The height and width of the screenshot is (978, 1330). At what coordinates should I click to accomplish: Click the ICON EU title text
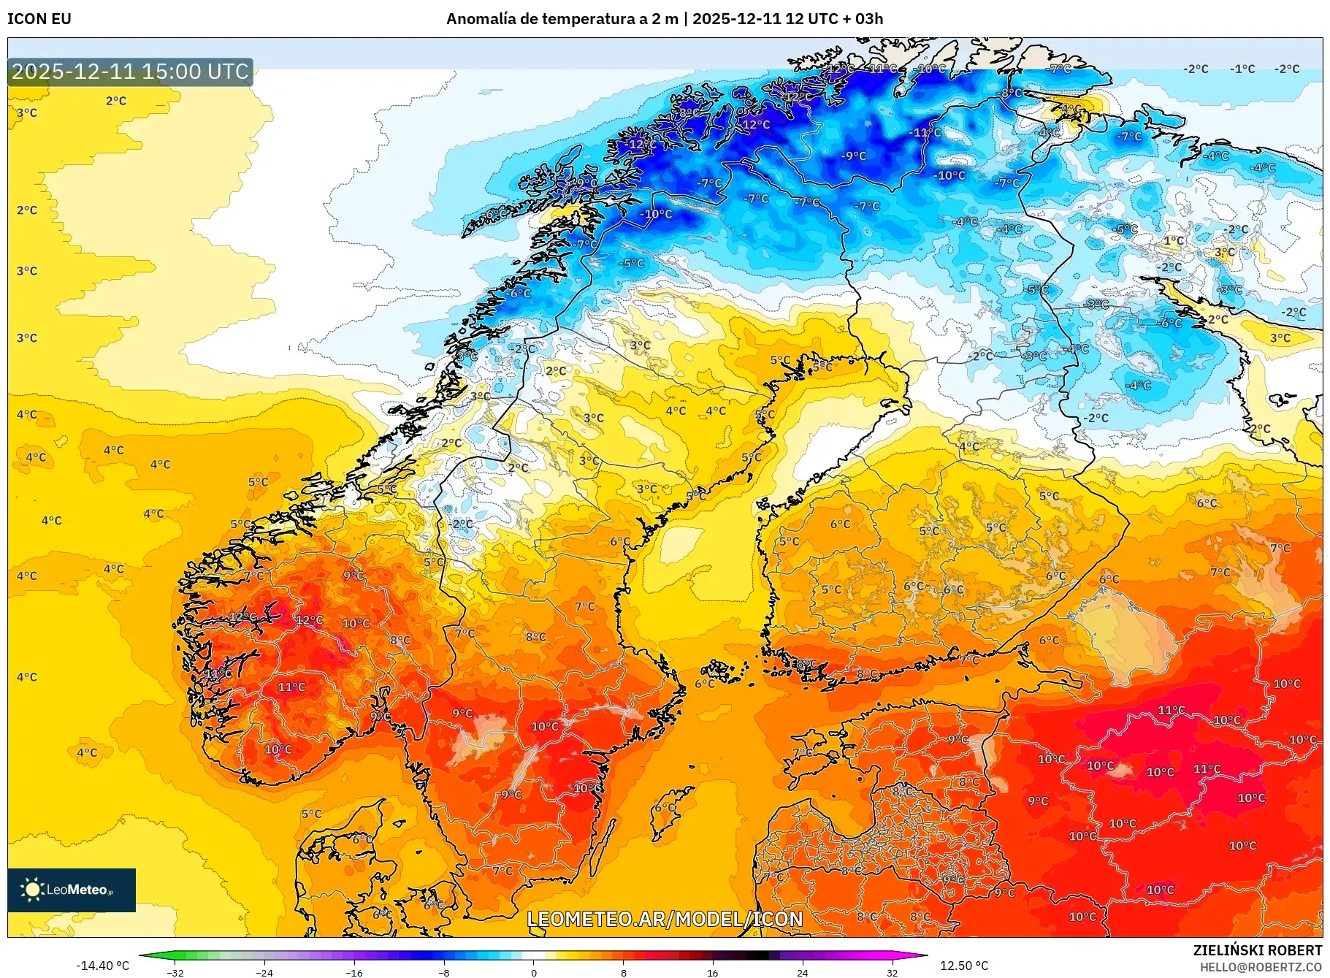39,19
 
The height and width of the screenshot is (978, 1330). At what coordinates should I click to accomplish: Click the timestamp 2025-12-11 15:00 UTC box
130,72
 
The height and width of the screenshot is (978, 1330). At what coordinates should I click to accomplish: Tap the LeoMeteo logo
72,890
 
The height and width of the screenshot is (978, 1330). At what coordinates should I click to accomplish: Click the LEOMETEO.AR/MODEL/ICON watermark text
665,919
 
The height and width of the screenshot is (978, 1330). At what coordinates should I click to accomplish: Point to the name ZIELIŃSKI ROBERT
1257,950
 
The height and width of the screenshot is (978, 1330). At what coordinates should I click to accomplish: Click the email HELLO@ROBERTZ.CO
1261,967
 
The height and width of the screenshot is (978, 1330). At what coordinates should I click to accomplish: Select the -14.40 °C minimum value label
102,966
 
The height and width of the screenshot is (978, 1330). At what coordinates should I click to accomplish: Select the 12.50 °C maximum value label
963,966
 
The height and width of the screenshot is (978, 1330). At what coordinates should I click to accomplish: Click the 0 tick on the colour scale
534,973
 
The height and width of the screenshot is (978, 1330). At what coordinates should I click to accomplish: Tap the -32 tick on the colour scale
175,973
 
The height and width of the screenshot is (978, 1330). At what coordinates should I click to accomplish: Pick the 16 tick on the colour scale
713,973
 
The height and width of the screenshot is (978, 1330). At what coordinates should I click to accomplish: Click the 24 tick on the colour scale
802,973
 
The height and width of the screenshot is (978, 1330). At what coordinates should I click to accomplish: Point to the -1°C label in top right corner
1242,69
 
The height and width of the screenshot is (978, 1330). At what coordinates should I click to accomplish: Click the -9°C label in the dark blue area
853,156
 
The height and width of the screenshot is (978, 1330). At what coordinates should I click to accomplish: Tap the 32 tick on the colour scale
892,973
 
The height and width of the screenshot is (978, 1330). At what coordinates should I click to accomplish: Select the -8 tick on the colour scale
444,973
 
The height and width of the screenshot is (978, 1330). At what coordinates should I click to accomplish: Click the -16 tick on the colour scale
354,973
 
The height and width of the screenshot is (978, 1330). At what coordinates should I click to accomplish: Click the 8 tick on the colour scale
623,973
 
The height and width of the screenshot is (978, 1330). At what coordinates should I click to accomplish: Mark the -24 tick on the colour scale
264,973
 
